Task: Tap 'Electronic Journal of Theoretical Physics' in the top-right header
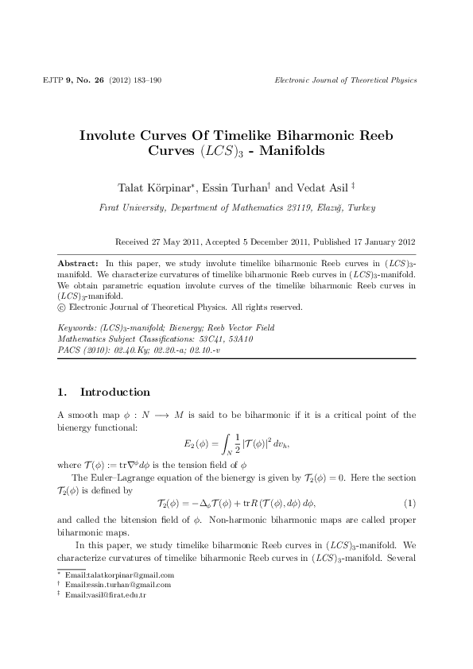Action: (345, 81)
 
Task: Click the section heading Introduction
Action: (115, 393)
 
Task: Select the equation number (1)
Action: (409, 504)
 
